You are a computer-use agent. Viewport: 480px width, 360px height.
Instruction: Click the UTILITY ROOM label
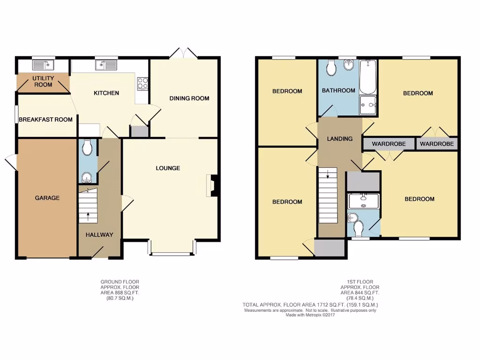click(43, 81)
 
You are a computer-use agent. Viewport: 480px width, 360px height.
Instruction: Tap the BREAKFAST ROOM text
click(45, 120)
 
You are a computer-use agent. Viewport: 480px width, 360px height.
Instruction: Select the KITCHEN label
click(106, 93)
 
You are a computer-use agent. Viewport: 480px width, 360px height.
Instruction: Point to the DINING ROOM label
click(189, 98)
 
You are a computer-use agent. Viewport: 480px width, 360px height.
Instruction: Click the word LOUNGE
click(168, 168)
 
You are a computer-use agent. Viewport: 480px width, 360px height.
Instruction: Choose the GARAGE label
click(47, 198)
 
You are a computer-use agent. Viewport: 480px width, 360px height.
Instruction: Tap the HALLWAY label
click(99, 234)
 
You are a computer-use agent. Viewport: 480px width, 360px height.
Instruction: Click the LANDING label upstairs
click(340, 139)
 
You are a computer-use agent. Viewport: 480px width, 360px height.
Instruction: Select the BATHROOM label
click(338, 90)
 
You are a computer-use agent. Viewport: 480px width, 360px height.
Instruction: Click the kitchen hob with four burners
click(142, 83)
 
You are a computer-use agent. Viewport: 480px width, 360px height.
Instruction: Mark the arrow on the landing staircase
click(328, 176)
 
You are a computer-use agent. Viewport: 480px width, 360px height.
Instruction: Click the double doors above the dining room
click(184, 53)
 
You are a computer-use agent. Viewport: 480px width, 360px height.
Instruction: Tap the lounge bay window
click(172, 254)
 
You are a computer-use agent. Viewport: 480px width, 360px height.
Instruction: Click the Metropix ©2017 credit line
click(310, 315)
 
